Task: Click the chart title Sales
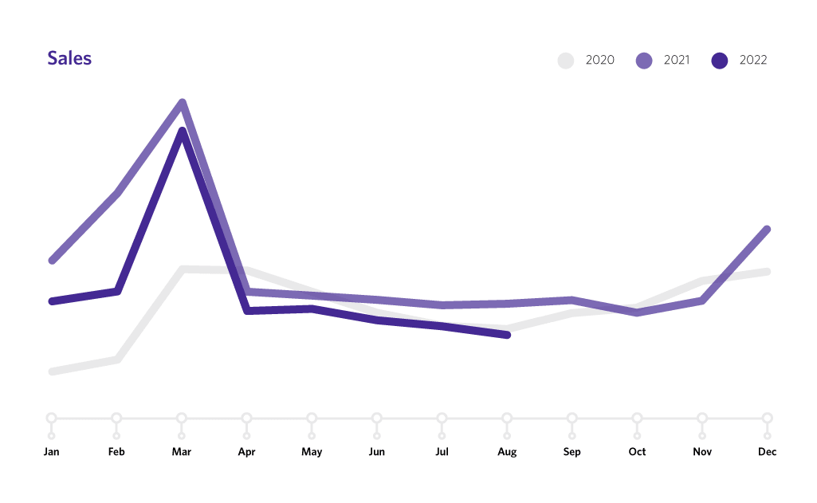(x=69, y=58)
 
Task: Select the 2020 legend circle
(x=566, y=60)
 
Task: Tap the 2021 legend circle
(x=643, y=60)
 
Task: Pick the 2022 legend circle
(x=720, y=60)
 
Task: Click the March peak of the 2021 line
(x=183, y=103)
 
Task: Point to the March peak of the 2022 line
(x=183, y=132)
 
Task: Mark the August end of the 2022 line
(x=507, y=336)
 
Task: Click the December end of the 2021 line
(x=767, y=230)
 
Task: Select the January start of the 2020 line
(x=52, y=371)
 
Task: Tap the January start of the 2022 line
(x=52, y=301)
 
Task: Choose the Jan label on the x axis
(x=52, y=452)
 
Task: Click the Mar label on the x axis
(x=182, y=452)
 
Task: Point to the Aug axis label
(x=507, y=452)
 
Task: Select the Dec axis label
(x=767, y=452)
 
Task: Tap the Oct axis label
(x=637, y=452)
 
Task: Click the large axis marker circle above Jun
(x=377, y=418)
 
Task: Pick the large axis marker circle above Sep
(x=572, y=418)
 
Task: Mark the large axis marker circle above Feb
(x=116, y=418)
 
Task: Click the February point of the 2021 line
(x=118, y=193)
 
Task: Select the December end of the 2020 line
(x=767, y=272)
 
